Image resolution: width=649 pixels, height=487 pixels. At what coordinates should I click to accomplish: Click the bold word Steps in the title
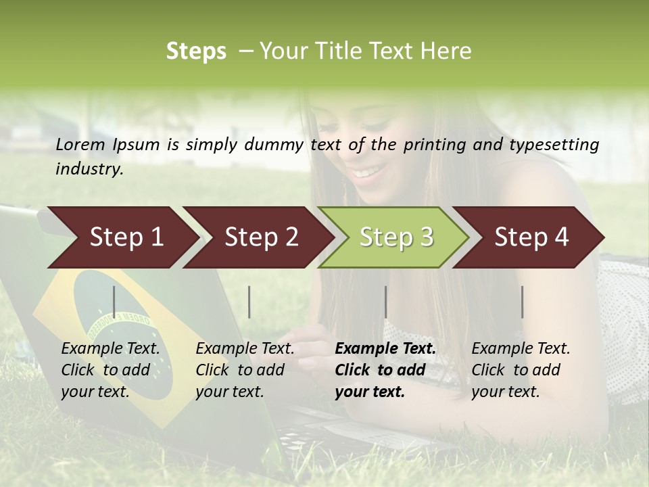pyautogui.click(x=196, y=51)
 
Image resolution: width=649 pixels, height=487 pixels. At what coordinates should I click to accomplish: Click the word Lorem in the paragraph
pyautogui.click(x=80, y=144)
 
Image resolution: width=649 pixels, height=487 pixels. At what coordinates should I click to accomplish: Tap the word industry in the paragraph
pyautogui.click(x=89, y=168)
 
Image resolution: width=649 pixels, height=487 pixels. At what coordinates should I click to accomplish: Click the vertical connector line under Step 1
pyautogui.click(x=114, y=302)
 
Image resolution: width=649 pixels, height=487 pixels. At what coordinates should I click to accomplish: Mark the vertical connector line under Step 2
pyautogui.click(x=249, y=302)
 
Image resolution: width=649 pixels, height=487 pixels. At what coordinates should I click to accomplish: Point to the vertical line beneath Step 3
pyautogui.click(x=386, y=302)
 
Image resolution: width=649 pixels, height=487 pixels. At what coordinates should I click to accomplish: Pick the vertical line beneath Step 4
pyautogui.click(x=523, y=302)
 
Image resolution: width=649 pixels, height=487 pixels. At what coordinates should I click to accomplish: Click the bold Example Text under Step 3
pyautogui.click(x=385, y=349)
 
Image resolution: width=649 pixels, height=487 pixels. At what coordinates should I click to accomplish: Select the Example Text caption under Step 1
pyautogui.click(x=110, y=349)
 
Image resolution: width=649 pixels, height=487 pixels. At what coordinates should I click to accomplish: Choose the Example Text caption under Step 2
pyautogui.click(x=245, y=349)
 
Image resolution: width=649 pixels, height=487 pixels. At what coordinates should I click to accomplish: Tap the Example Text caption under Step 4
pyautogui.click(x=521, y=349)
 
